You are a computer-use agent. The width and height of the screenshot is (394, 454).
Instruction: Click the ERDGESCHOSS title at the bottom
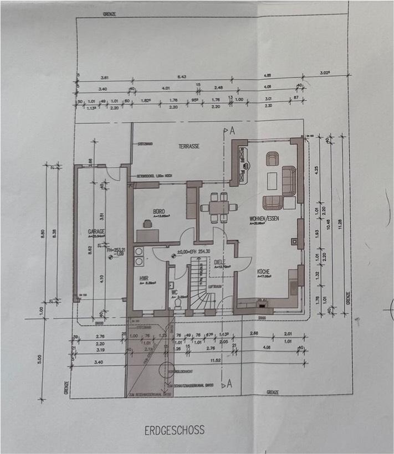pos(175,429)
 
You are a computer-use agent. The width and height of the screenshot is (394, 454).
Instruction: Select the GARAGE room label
pos(96,231)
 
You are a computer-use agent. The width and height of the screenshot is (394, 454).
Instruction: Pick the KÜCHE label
pos(263,272)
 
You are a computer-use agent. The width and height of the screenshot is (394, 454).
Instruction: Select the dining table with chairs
pos(216,207)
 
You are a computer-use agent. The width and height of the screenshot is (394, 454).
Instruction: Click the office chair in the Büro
pos(148,223)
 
